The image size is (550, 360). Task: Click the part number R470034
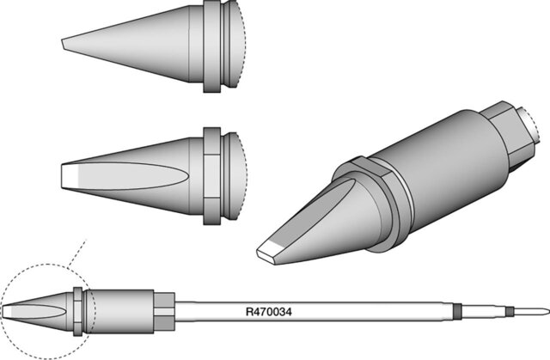pos(269,312)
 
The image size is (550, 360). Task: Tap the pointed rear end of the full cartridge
pos(548,311)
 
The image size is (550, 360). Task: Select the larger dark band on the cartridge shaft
pos(456,311)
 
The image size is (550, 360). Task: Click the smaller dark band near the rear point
pos(510,311)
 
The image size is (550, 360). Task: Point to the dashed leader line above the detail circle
pos(77,253)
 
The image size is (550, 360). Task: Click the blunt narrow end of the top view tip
pos(63,44)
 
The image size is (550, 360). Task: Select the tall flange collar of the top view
pos(212,46)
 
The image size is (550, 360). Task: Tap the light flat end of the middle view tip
pos(69,176)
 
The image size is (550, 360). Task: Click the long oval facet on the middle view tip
pos(126,176)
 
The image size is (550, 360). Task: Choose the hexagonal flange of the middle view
pos(212,176)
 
